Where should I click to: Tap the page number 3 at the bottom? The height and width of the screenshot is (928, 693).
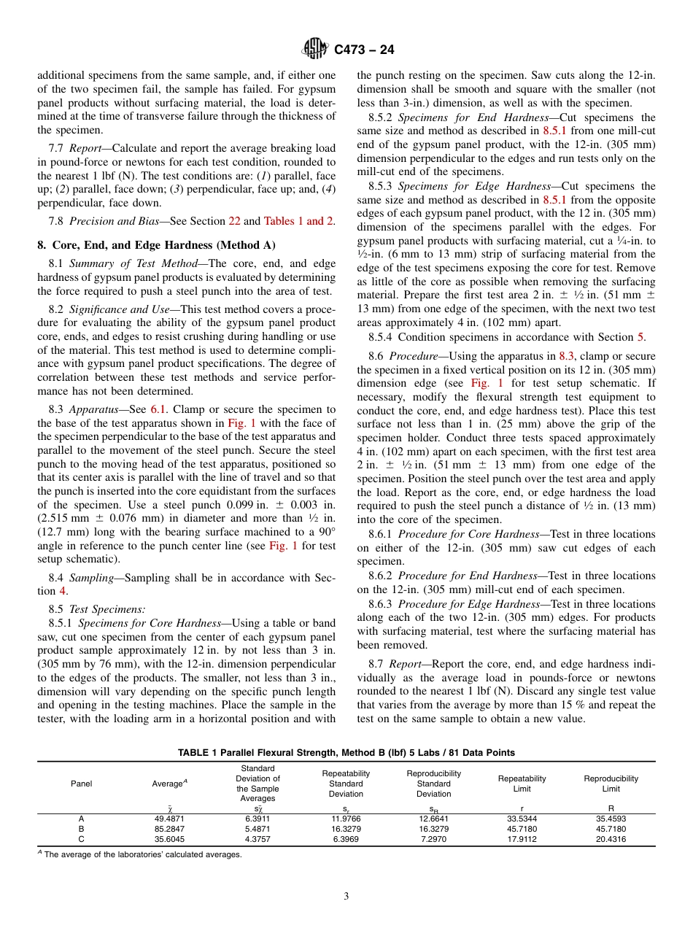[x=346, y=896]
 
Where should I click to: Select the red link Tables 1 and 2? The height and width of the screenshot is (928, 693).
[x=299, y=221]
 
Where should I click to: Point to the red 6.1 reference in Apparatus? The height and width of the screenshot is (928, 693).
[x=158, y=409]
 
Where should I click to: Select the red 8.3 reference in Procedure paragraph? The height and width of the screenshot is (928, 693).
[x=567, y=356]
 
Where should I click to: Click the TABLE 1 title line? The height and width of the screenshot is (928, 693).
[x=346, y=752]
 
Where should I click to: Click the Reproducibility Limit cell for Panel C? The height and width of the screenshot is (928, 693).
[x=611, y=839]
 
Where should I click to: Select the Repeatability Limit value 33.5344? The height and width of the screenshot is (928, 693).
[x=522, y=819]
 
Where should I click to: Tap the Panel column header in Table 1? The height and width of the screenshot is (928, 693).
[x=81, y=784]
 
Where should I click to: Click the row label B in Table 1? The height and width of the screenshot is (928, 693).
[x=81, y=829]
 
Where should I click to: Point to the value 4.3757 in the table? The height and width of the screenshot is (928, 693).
[x=258, y=839]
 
